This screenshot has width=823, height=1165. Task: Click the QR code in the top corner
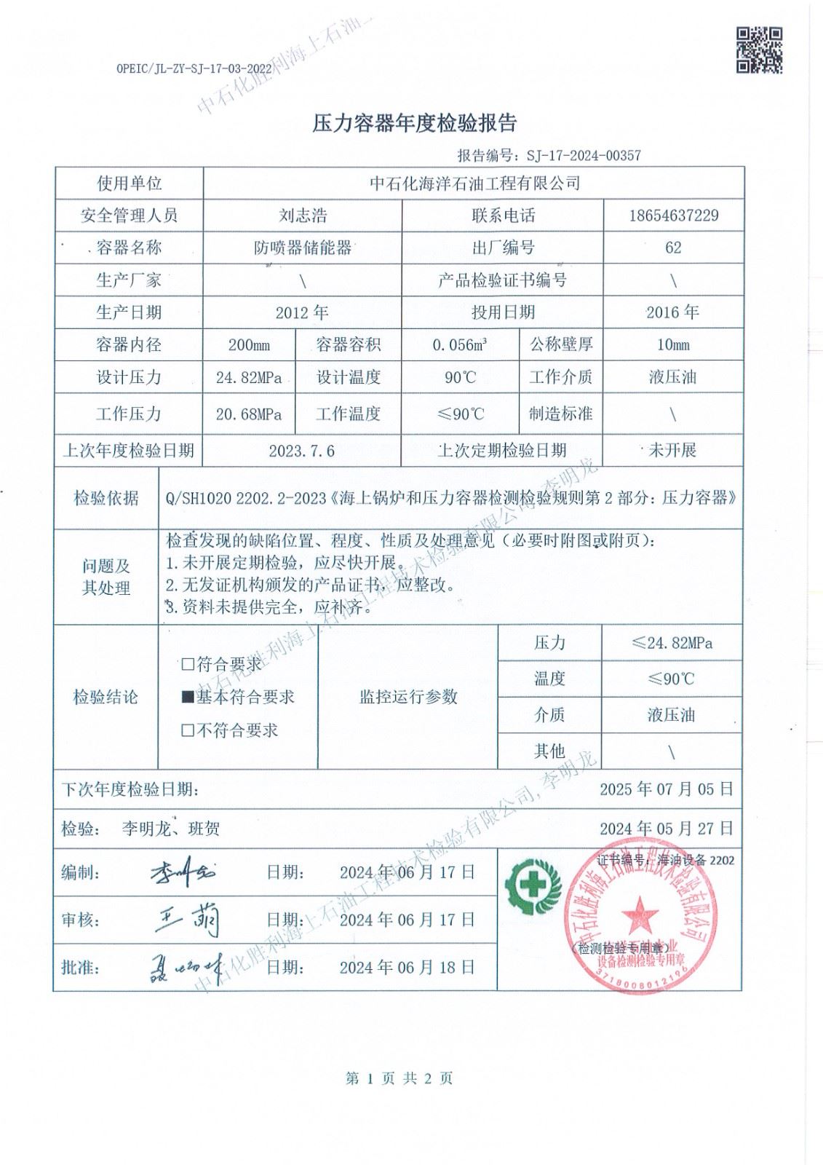click(760, 50)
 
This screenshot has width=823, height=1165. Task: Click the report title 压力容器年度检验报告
click(414, 124)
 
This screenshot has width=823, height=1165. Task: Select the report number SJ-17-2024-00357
click(577, 156)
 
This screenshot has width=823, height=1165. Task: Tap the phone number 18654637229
click(672, 216)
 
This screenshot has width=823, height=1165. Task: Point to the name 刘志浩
click(303, 216)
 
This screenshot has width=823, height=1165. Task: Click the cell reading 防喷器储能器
click(303, 248)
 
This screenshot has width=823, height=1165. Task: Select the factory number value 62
click(672, 248)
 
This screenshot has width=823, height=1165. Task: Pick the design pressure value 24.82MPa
click(249, 378)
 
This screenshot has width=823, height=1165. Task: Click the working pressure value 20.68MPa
click(249, 414)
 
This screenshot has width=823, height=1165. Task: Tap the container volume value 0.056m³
click(459, 345)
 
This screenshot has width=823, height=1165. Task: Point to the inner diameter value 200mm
click(249, 345)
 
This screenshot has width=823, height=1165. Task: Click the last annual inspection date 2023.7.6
click(302, 451)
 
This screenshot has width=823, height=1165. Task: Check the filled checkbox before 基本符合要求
click(188, 698)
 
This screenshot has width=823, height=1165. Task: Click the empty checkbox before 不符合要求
click(188, 731)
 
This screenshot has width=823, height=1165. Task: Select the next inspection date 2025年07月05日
click(667, 789)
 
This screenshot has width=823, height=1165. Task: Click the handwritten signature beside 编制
click(183, 872)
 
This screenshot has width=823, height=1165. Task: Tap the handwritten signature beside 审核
click(188, 920)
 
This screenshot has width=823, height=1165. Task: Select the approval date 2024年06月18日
click(407, 967)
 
